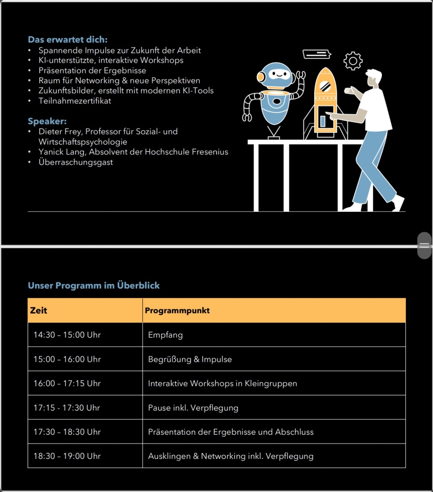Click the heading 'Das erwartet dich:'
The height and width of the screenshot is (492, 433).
click(68, 40)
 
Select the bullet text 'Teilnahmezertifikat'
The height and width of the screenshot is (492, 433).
click(75, 101)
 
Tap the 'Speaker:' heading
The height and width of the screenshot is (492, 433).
click(47, 121)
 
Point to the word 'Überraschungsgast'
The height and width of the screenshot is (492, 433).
click(76, 162)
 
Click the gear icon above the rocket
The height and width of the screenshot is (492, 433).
click(353, 61)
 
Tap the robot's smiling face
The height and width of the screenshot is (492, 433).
click(277, 74)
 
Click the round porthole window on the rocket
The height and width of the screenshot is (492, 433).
click(325, 86)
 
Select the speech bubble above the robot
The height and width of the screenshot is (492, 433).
click(317, 54)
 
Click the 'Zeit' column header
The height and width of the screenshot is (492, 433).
click(39, 310)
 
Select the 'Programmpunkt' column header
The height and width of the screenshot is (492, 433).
click(177, 310)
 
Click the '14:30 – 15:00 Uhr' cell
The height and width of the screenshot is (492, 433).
click(67, 335)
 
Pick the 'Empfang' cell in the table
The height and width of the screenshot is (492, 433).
click(165, 335)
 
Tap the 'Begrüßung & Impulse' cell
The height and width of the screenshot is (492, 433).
click(190, 359)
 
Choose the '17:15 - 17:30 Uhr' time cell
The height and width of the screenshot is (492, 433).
click(67, 408)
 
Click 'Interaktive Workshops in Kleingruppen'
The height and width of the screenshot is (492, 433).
click(222, 383)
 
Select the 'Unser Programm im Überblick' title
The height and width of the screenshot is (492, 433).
click(94, 285)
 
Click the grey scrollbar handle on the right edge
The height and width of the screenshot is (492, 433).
click(424, 245)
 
